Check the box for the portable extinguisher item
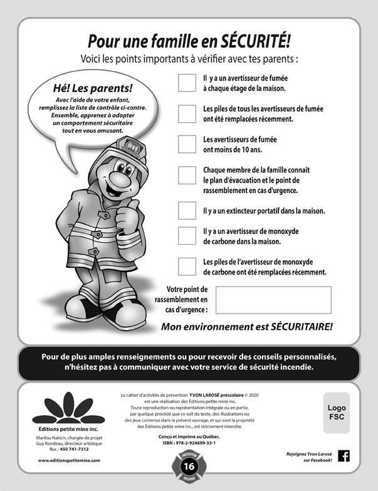pyautogui.click(x=187, y=210)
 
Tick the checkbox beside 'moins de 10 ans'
pyautogui.click(x=187, y=144)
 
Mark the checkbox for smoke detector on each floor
pyautogui.click(x=187, y=83)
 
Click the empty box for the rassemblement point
pyautogui.click(x=273, y=300)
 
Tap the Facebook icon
pyautogui.click(x=344, y=456)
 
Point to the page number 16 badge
pyautogui.click(x=189, y=467)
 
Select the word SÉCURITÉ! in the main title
pyautogui.click(x=255, y=41)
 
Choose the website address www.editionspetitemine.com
pyautogui.click(x=69, y=460)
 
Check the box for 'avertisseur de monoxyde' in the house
pyautogui.click(x=187, y=235)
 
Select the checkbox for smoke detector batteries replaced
pyautogui.click(x=187, y=114)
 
